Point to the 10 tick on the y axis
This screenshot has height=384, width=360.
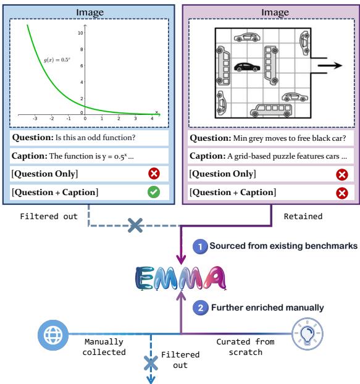[81, 31]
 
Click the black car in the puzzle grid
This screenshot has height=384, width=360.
[247, 66]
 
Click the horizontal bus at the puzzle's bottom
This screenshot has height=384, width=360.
[268, 111]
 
